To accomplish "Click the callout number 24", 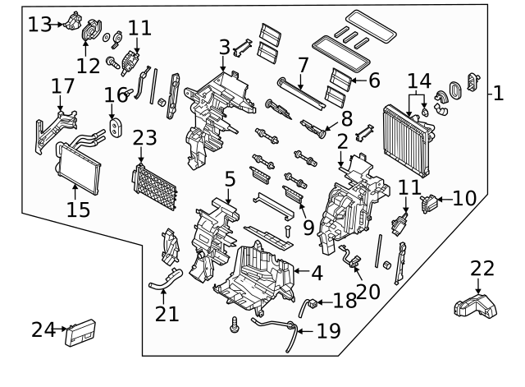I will click(43, 329).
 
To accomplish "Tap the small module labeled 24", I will click(81, 331).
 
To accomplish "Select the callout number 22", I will click(483, 268).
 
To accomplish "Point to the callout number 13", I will click(39, 24).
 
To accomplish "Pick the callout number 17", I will click(62, 85).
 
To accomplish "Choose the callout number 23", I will click(144, 137).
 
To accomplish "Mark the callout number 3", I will click(224, 48).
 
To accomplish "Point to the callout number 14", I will click(418, 81).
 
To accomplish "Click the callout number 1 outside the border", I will click(497, 94).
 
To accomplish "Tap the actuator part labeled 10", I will click(428, 201).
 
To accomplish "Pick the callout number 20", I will click(368, 290).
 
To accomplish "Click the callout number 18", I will click(345, 301).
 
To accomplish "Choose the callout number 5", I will click(230, 177).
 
